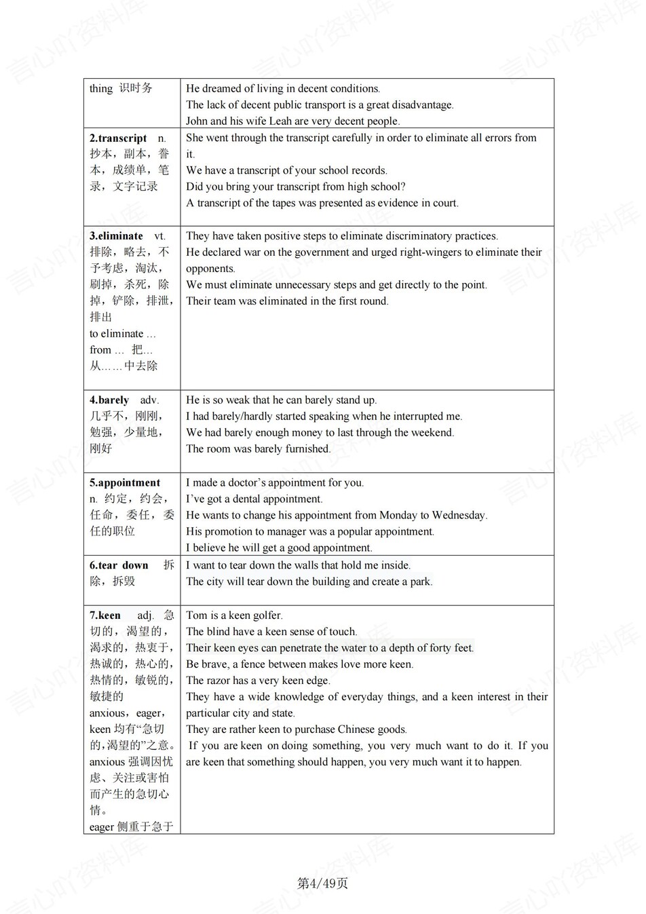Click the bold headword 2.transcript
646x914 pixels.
coord(118,138)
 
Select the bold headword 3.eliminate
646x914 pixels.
coord(116,236)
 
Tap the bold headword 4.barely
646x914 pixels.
coord(109,400)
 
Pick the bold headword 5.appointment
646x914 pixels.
coord(125,483)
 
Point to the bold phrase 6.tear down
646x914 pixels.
coord(119,565)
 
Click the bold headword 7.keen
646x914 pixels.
coord(105,615)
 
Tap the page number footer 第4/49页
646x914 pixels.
coord(322,883)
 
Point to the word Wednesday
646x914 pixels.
coord(454,516)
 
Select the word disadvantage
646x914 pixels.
coord(421,105)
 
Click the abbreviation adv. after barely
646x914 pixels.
coord(149,400)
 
